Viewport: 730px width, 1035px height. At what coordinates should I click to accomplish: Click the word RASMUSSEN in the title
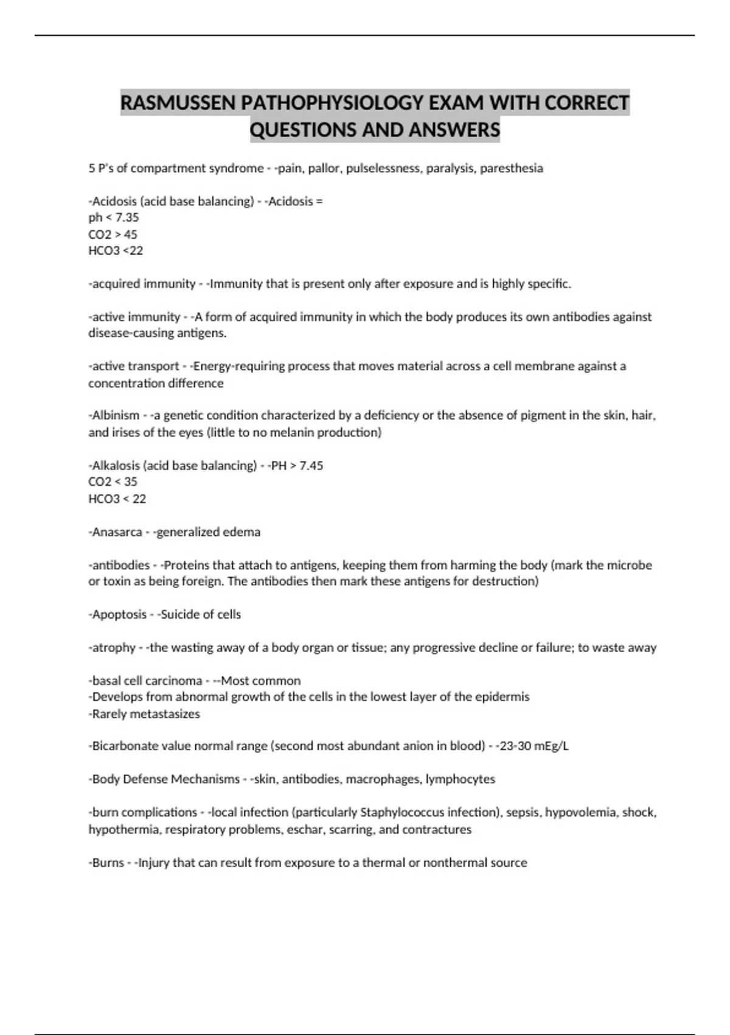point(178,103)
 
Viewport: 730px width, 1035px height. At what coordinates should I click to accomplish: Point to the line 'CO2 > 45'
point(113,234)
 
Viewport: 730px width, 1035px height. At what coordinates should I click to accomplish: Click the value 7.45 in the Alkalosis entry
point(311,466)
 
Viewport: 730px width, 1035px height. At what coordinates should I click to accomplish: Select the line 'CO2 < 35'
point(113,482)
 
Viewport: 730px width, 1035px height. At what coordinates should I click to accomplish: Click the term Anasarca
point(117,532)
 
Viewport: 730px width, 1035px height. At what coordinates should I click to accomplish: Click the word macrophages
point(383,779)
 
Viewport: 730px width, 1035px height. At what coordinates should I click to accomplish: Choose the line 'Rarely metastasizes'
point(145,714)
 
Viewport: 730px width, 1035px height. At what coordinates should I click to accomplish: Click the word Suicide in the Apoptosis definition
point(180,615)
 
